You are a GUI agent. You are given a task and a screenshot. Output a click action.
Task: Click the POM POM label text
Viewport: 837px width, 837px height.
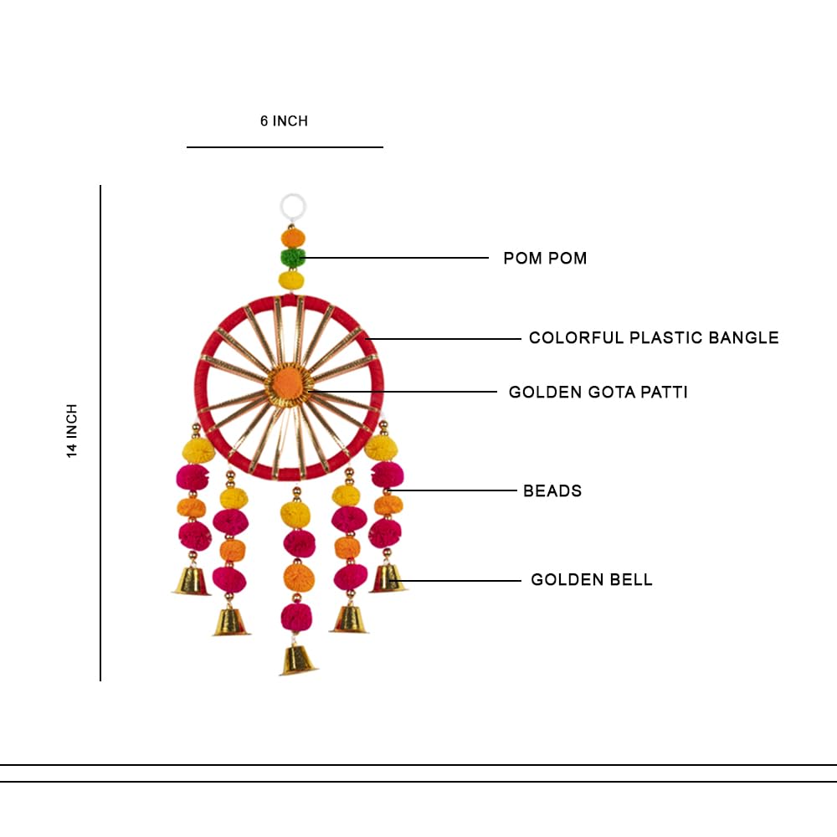(545, 259)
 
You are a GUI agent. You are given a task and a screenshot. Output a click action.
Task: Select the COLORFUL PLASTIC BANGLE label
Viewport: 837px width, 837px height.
(654, 338)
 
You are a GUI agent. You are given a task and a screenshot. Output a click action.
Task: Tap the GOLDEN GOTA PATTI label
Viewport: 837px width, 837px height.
(598, 392)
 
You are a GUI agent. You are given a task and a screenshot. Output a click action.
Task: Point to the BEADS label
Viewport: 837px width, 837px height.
(552, 490)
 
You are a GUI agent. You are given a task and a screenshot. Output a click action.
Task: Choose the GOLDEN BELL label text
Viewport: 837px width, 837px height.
(592, 580)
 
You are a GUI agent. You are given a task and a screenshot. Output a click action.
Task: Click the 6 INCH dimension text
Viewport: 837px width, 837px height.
(284, 121)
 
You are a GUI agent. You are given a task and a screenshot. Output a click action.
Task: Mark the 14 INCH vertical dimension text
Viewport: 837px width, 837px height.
(72, 430)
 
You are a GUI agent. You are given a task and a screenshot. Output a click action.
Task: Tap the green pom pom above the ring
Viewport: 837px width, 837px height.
(293, 257)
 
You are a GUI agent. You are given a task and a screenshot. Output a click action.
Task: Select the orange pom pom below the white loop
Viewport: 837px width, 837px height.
(293, 239)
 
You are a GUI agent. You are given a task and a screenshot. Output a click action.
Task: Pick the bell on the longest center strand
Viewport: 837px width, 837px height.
(298, 660)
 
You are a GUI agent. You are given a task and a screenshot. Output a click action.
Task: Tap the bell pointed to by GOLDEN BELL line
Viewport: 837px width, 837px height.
(388, 578)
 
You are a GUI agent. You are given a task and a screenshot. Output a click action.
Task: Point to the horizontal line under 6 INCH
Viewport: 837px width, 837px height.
(285, 147)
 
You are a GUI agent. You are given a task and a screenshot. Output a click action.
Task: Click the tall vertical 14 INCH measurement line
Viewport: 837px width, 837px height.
(100, 433)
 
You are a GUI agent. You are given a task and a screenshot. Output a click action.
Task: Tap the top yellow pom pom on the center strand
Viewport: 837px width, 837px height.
(295, 514)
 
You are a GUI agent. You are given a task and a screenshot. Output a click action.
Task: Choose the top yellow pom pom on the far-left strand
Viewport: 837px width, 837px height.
(199, 450)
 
